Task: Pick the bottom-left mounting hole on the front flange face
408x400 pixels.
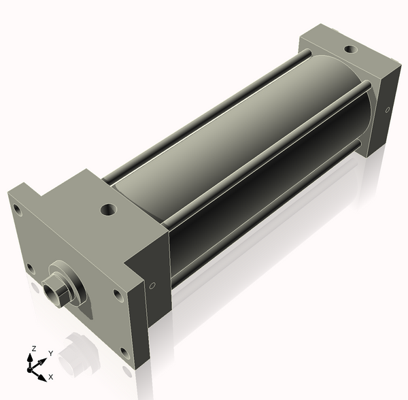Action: [31, 267]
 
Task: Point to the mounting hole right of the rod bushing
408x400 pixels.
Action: [116, 295]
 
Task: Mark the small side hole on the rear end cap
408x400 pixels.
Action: [388, 110]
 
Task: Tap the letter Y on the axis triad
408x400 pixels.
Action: [50, 354]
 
